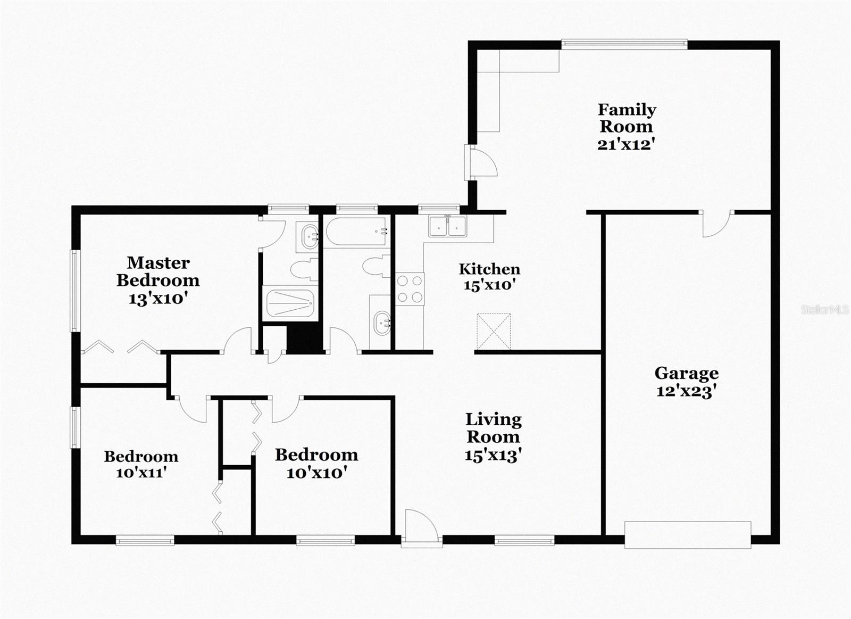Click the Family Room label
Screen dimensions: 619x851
[627, 118]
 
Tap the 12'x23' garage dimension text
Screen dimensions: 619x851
[686, 392]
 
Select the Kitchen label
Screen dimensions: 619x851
[489, 269]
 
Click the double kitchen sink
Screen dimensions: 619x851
[447, 226]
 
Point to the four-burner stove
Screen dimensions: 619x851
[410, 288]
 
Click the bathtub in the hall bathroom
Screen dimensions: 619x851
[356, 232]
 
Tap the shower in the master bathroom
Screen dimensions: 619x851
[290, 303]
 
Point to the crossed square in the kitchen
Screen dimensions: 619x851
[494, 332]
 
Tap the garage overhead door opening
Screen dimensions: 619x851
[688, 535]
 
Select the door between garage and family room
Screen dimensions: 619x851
[716, 223]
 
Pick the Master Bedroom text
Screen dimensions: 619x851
[158, 271]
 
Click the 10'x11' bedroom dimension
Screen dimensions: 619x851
[141, 472]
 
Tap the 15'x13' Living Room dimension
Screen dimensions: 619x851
[493, 456]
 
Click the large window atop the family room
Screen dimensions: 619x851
[624, 45]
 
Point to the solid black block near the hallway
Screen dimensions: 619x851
[305, 339]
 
